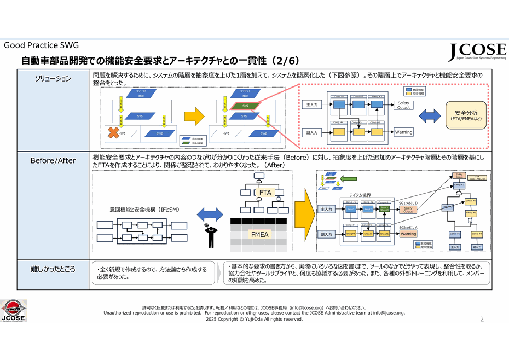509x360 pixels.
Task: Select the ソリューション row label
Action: click(x=53, y=78)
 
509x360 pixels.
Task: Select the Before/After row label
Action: click(x=53, y=160)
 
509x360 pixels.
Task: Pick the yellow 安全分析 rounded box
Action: click(x=466, y=115)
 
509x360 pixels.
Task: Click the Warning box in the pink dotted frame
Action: click(x=403, y=132)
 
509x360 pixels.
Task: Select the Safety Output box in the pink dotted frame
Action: click(x=403, y=105)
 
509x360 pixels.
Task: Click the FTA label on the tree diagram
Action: click(x=265, y=193)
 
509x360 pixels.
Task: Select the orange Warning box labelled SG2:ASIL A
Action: click(x=408, y=234)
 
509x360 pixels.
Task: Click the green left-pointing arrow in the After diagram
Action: click(x=348, y=178)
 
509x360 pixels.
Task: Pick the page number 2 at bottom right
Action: click(x=482, y=319)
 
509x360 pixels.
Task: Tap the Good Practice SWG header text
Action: click(x=41, y=45)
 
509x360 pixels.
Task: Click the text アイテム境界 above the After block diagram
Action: click(x=361, y=195)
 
